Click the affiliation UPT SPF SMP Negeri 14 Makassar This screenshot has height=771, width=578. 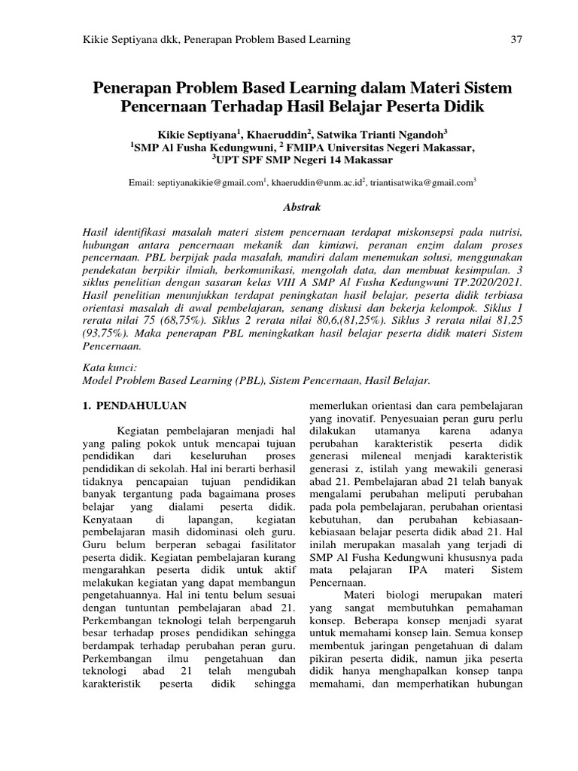(302, 160)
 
